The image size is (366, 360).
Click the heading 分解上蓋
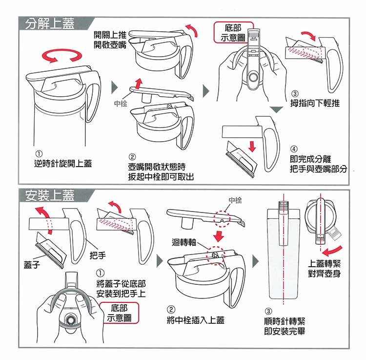coord(50,23)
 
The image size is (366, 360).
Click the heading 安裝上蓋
coord(50,195)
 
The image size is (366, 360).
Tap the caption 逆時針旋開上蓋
coord(63,163)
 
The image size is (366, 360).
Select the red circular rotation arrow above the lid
coord(62,56)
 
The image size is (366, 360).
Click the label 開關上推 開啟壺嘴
coord(110,40)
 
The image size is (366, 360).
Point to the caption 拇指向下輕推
coord(315,103)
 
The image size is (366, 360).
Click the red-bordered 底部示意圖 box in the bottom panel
coord(119,313)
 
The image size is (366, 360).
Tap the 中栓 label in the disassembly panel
coord(121,103)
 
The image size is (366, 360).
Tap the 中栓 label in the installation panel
coord(235,200)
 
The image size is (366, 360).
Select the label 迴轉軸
coord(183,242)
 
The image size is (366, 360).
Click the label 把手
coord(98,255)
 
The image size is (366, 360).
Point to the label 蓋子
coord(32,264)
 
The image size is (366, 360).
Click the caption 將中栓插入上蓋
coord(196,320)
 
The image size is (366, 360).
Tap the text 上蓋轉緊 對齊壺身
coord(324,268)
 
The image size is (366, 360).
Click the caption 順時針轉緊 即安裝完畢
coord(285,326)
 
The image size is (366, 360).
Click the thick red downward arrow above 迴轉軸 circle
coord(219,236)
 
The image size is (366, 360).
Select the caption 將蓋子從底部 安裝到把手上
coord(121,289)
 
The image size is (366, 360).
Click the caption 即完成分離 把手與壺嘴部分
coord(318,164)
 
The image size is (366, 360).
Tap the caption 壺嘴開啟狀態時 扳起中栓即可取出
coord(161,172)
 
